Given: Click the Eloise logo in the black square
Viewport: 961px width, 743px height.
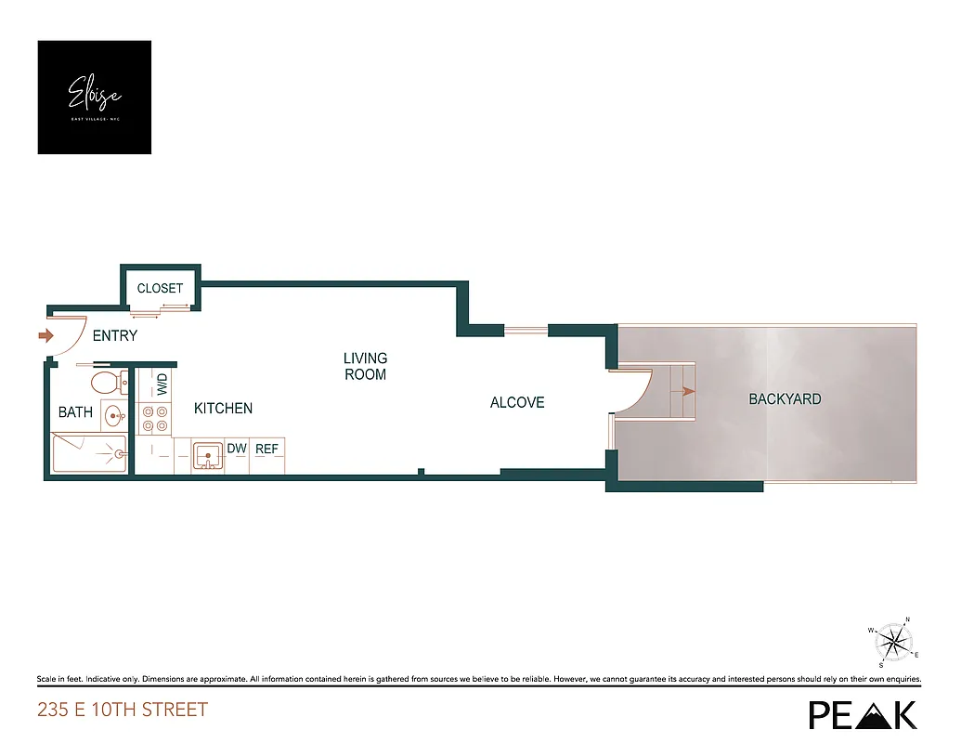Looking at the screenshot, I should [x=94, y=97].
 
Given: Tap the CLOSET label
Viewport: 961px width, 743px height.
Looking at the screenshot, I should [x=160, y=288].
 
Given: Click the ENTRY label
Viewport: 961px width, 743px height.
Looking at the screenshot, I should [x=114, y=335].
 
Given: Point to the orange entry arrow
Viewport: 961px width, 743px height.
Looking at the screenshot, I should [x=45, y=335].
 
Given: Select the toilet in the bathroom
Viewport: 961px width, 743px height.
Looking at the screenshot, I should [x=107, y=382].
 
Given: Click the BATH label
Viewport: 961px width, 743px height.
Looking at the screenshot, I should [x=75, y=411].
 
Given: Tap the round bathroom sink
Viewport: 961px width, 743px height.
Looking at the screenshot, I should [x=113, y=414].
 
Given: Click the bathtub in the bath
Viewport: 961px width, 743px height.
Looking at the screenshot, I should [x=89, y=454].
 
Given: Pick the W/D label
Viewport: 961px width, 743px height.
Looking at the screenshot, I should [x=162, y=384].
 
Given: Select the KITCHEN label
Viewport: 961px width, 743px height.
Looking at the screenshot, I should [x=223, y=408].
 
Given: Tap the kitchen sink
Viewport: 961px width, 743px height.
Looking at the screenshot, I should [x=209, y=455].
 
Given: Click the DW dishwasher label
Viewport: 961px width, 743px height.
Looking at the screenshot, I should [x=237, y=449].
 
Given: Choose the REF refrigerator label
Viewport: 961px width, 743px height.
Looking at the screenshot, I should [x=267, y=449].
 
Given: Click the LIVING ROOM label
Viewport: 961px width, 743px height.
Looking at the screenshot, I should [x=365, y=366].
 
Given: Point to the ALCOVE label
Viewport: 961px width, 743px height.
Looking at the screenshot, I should [x=517, y=402].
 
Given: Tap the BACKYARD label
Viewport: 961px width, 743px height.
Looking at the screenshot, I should [x=785, y=398].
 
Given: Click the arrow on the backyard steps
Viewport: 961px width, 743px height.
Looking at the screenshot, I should [x=687, y=392].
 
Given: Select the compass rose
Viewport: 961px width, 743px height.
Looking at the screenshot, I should [x=894, y=641].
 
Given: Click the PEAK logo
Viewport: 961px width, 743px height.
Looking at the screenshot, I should [x=863, y=713].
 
